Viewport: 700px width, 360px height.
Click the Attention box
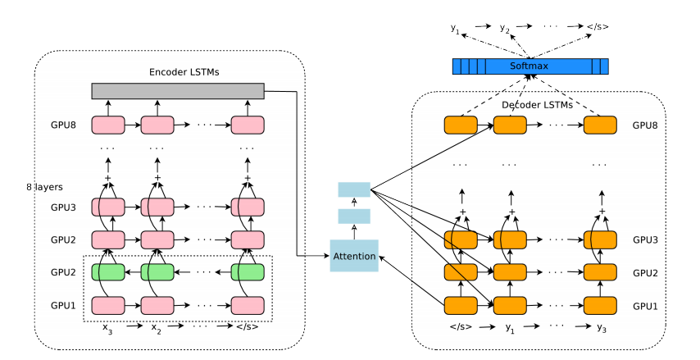click(x=353, y=256)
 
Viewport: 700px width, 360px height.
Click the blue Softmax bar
click(x=530, y=66)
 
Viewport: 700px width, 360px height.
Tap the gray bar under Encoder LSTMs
click(x=177, y=90)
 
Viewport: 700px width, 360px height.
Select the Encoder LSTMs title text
click(x=177, y=71)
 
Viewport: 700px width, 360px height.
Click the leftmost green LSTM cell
click(x=107, y=272)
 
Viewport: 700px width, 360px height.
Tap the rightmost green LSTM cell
click(x=247, y=272)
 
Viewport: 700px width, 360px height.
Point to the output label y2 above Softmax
click(x=505, y=28)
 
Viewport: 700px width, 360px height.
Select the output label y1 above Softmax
click(x=455, y=28)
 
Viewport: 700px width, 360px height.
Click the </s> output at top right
click(x=598, y=27)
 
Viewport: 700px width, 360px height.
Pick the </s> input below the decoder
click(x=460, y=327)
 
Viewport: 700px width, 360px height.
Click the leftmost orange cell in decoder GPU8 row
click(x=460, y=125)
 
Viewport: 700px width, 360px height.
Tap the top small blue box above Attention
click(x=354, y=189)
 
